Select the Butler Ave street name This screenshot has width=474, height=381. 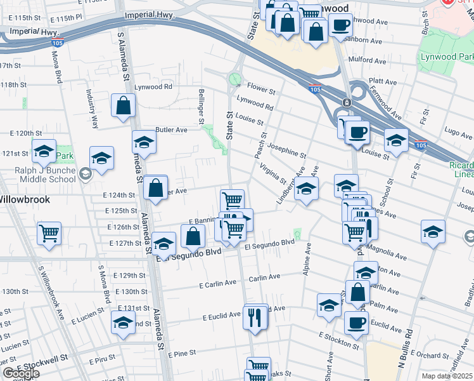[172, 130]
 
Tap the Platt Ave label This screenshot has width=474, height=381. [382, 82]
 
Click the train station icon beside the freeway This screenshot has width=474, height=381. [347, 102]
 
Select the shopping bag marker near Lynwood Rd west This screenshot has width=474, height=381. [123, 106]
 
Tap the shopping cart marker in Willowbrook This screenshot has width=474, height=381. [49, 234]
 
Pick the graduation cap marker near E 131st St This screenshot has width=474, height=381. [123, 323]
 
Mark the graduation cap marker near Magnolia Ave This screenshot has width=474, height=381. [433, 231]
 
